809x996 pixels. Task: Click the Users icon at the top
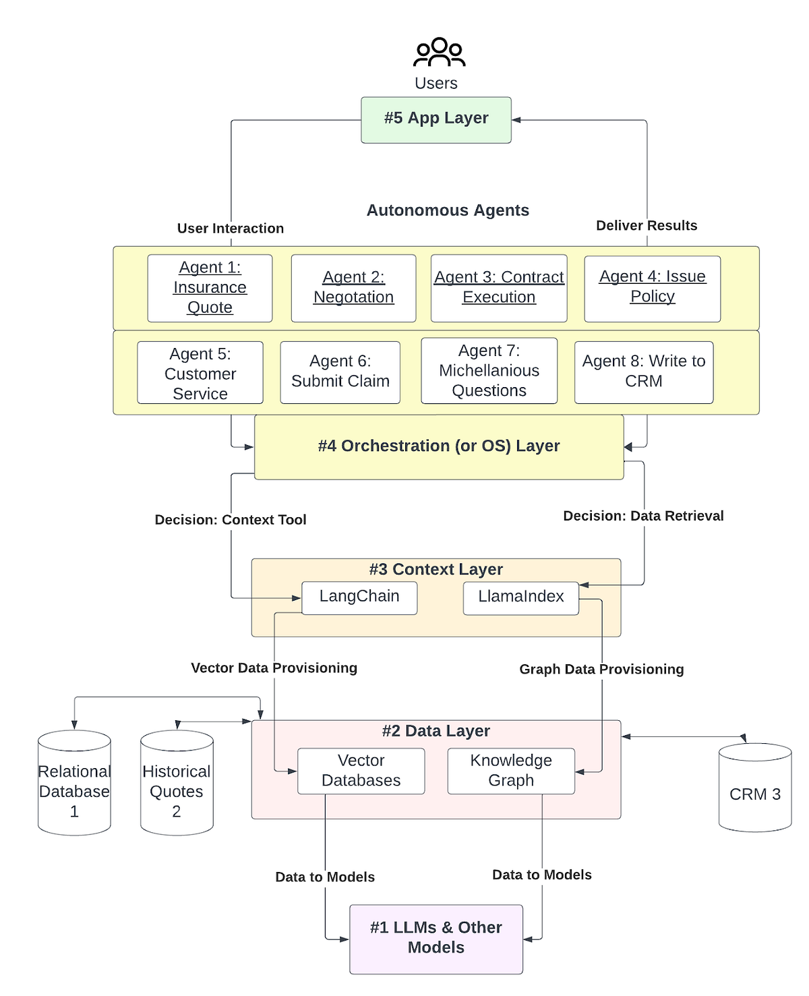point(439,53)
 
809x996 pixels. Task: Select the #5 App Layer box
point(436,119)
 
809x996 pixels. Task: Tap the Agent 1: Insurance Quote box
point(210,288)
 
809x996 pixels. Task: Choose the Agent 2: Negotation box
point(353,288)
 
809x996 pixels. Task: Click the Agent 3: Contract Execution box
point(499,288)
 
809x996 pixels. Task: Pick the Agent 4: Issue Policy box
point(652,288)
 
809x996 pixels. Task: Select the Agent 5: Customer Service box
point(200,373)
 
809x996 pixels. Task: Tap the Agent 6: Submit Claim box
point(340,372)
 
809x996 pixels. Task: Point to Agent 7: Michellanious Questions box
point(489,371)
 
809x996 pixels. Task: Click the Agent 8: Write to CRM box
point(643,372)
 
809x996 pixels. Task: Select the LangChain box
point(359,597)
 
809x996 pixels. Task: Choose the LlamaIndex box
point(520,597)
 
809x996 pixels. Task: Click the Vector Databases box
point(361,771)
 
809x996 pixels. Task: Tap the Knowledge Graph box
point(511,771)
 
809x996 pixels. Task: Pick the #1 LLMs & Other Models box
point(436,939)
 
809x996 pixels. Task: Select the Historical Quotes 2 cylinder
point(177,784)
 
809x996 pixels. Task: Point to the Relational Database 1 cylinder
point(74,784)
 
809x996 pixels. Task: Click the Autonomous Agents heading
point(448,210)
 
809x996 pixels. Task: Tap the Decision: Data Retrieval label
point(643,516)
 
